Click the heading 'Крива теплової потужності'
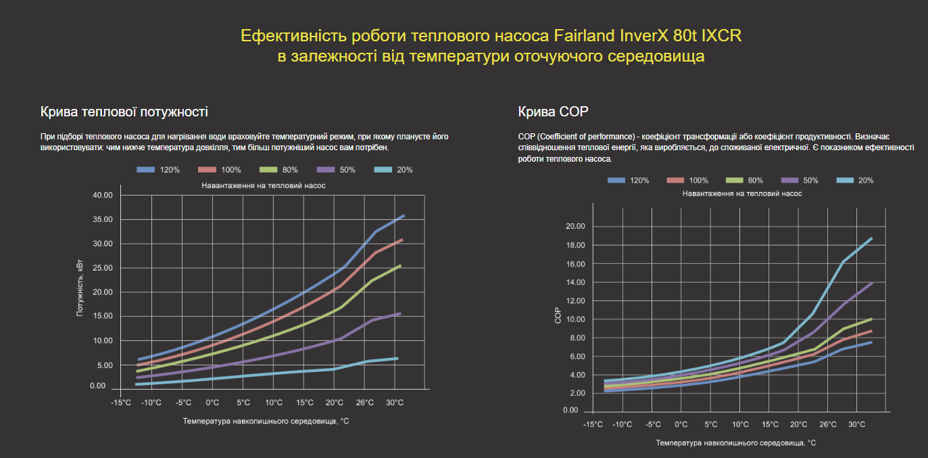(x=124, y=112)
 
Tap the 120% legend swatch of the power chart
(x=146, y=170)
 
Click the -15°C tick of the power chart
(x=121, y=403)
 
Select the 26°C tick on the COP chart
(x=828, y=425)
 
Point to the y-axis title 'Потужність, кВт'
(x=80, y=291)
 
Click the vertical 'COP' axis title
(x=558, y=317)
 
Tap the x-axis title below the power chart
(x=266, y=421)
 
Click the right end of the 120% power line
(x=404, y=216)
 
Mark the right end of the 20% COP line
(x=872, y=238)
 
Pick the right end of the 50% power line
(x=401, y=313)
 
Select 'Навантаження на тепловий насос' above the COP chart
(x=742, y=193)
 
